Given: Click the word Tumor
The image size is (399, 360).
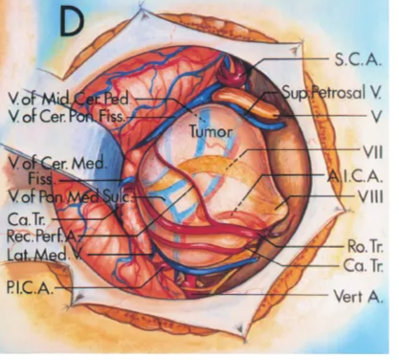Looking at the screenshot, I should click(208, 125).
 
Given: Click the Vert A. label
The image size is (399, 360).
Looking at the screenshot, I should click(361, 297).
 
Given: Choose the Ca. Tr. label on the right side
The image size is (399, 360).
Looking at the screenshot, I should click(364, 262).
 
